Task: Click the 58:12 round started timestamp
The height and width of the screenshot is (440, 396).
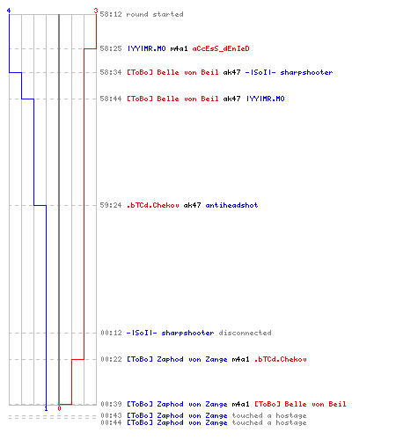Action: (x=111, y=14)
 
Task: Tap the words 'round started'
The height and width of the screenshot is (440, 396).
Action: (x=155, y=14)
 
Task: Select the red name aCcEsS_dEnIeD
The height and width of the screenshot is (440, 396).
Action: (x=221, y=48)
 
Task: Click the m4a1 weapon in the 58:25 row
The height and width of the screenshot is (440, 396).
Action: (x=179, y=48)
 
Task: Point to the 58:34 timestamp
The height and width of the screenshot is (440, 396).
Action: (x=111, y=72)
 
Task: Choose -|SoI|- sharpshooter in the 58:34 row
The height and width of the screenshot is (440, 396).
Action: (x=289, y=72)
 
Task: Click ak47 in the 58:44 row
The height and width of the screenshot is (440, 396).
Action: (x=231, y=99)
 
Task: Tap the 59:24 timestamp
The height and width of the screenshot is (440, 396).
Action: (x=111, y=205)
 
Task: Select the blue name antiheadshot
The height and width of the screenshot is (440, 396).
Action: (x=231, y=205)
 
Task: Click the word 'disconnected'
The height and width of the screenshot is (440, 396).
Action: (x=245, y=333)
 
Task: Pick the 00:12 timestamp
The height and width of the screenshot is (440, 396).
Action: (x=111, y=333)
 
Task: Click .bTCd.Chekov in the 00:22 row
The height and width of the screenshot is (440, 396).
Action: (x=280, y=359)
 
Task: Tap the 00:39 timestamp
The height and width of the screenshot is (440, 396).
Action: (x=111, y=404)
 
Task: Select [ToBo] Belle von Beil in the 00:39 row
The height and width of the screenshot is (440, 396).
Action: (x=300, y=404)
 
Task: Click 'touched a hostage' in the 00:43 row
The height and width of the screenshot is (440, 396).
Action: (x=269, y=415)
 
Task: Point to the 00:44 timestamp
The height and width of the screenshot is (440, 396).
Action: (x=111, y=422)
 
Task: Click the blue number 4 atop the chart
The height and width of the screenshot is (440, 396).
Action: (x=9, y=11)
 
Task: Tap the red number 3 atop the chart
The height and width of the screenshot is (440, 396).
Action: (x=96, y=11)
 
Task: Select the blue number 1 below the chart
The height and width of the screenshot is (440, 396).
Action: (x=46, y=408)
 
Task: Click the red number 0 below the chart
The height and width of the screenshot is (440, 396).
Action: (x=59, y=408)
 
